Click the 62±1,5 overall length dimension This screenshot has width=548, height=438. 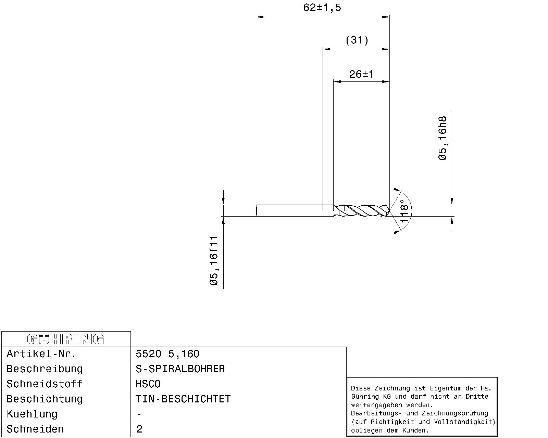click(x=322, y=8)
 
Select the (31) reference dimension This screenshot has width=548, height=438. click(x=357, y=40)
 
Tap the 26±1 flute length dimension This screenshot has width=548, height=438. click(x=361, y=74)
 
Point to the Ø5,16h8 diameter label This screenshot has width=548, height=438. click(x=443, y=138)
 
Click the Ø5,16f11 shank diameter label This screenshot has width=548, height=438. click(x=214, y=261)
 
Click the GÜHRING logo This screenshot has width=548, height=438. click(x=65, y=339)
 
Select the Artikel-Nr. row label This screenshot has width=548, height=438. click(x=41, y=354)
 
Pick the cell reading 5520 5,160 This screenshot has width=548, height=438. click(x=167, y=354)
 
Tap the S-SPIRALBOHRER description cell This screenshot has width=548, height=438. click(x=180, y=369)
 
